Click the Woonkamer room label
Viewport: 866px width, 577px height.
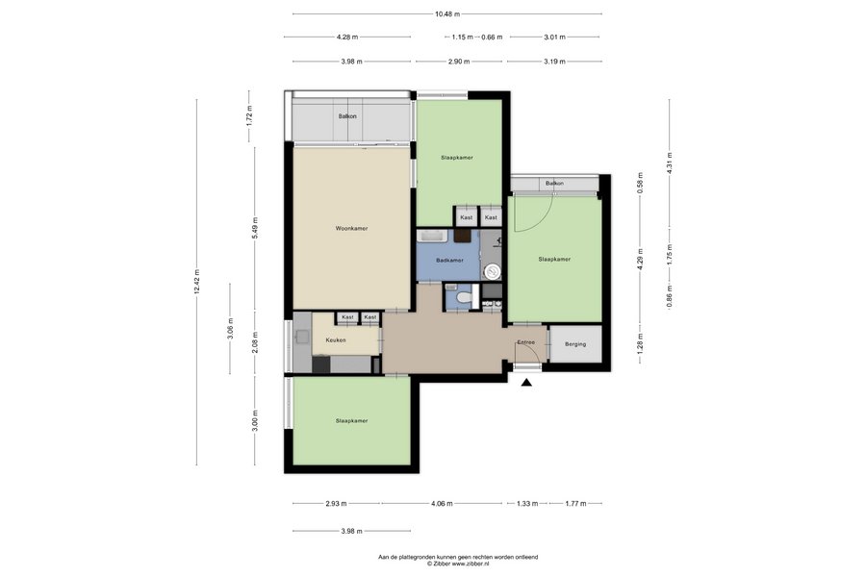point(352,229)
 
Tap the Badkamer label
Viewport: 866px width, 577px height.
point(449,260)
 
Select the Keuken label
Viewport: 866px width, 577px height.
point(336,340)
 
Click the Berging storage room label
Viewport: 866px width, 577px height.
point(575,344)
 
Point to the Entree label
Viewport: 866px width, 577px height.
point(525,342)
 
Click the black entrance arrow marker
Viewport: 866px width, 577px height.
point(527,382)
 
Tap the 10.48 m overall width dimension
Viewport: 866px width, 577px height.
point(447,13)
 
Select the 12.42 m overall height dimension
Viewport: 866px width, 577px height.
point(197,282)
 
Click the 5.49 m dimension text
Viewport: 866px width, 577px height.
point(255,228)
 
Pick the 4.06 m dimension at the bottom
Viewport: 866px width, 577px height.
point(442,504)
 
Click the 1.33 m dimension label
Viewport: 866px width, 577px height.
point(527,504)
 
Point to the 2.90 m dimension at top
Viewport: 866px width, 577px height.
point(460,62)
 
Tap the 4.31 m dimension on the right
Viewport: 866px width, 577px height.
point(670,163)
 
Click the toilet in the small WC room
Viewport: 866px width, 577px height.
point(464,298)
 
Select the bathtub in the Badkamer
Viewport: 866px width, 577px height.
point(433,237)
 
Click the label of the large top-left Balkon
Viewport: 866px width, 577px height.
point(347,116)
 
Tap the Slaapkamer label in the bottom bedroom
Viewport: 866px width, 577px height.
point(352,421)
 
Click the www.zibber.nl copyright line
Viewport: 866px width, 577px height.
point(458,564)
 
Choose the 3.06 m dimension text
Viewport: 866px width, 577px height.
point(230,329)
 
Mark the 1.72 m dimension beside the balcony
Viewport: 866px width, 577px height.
point(249,116)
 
